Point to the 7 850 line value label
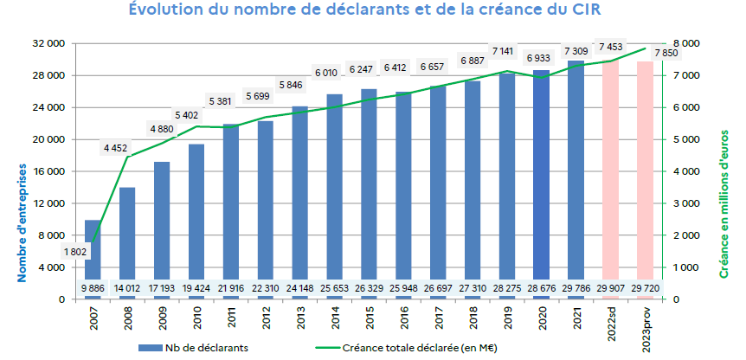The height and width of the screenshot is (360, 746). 666,53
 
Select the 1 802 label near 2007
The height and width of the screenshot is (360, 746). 77,252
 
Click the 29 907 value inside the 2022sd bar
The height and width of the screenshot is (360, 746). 610,287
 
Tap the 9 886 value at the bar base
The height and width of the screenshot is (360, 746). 93,287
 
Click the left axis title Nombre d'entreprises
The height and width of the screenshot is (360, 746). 23,222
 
